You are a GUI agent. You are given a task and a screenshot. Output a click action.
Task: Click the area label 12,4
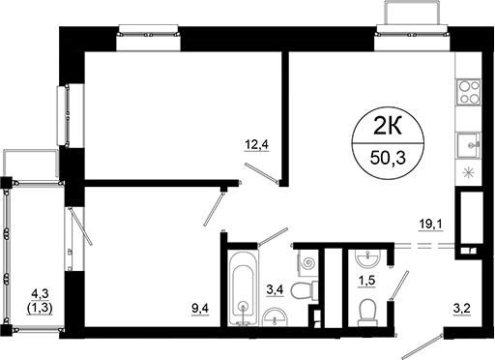click(x=256, y=146)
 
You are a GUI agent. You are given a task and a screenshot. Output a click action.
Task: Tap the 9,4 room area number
click(x=201, y=309)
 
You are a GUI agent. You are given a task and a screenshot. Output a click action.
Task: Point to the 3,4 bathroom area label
click(x=276, y=287)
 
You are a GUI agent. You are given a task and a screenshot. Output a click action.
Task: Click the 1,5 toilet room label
click(x=367, y=282)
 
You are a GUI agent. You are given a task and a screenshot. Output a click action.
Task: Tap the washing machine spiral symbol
click(x=308, y=261)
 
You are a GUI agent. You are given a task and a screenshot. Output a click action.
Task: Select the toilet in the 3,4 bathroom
click(x=305, y=290)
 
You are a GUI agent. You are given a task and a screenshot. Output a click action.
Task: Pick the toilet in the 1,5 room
click(x=367, y=310)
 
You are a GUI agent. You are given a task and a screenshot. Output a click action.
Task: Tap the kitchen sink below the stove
click(x=471, y=145)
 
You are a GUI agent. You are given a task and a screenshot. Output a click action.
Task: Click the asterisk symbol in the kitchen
click(x=471, y=173)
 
